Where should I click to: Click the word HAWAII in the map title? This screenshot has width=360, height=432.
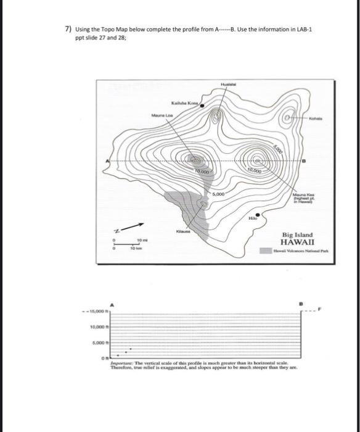(298, 243)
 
